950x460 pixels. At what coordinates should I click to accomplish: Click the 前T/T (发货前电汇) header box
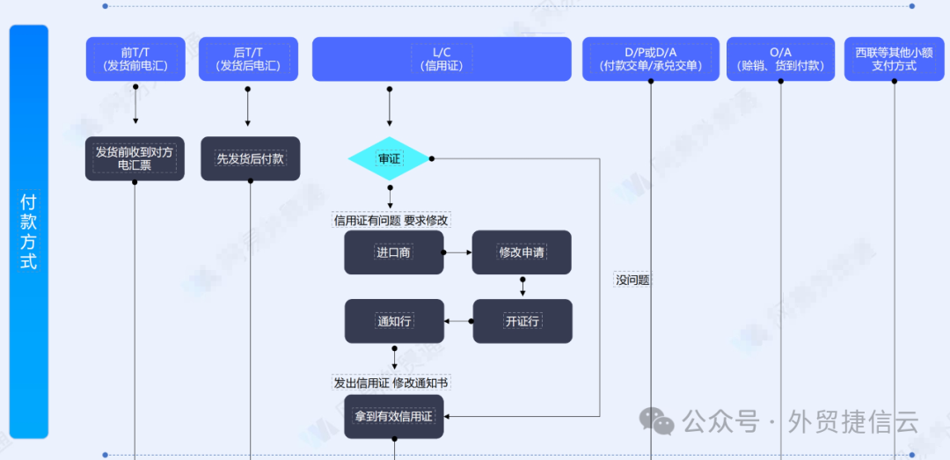[x=135, y=59]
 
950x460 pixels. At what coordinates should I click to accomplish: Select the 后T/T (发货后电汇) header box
[x=248, y=59]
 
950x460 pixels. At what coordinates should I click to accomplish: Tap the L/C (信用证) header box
[x=442, y=59]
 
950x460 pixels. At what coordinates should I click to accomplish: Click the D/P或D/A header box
[x=651, y=59]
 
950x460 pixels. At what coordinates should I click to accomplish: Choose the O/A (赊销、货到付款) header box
[x=780, y=59]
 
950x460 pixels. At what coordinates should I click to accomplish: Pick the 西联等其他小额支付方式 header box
[x=894, y=59]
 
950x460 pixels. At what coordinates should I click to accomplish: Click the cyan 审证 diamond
[x=389, y=159]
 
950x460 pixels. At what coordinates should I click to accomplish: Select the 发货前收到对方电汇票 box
[x=135, y=158]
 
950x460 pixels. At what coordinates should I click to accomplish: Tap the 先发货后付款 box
[x=250, y=158]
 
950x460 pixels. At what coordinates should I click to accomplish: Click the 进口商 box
[x=393, y=252]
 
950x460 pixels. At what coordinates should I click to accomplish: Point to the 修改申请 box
[x=522, y=252]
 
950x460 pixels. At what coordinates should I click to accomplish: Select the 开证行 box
[x=522, y=321]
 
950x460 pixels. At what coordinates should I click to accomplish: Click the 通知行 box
[x=394, y=321]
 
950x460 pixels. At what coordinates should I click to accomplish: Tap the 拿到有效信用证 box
[x=393, y=416]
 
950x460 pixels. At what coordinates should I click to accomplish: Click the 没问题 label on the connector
[x=632, y=281]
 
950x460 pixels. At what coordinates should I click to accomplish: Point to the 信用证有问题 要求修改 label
[x=391, y=220]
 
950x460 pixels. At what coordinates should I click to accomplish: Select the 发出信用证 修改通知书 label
[x=391, y=383]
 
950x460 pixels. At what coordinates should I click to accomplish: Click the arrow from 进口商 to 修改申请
[x=457, y=252]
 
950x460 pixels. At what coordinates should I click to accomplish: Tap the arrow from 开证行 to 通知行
[x=458, y=321]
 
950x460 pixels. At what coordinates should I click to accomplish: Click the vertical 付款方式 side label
[x=28, y=231]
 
